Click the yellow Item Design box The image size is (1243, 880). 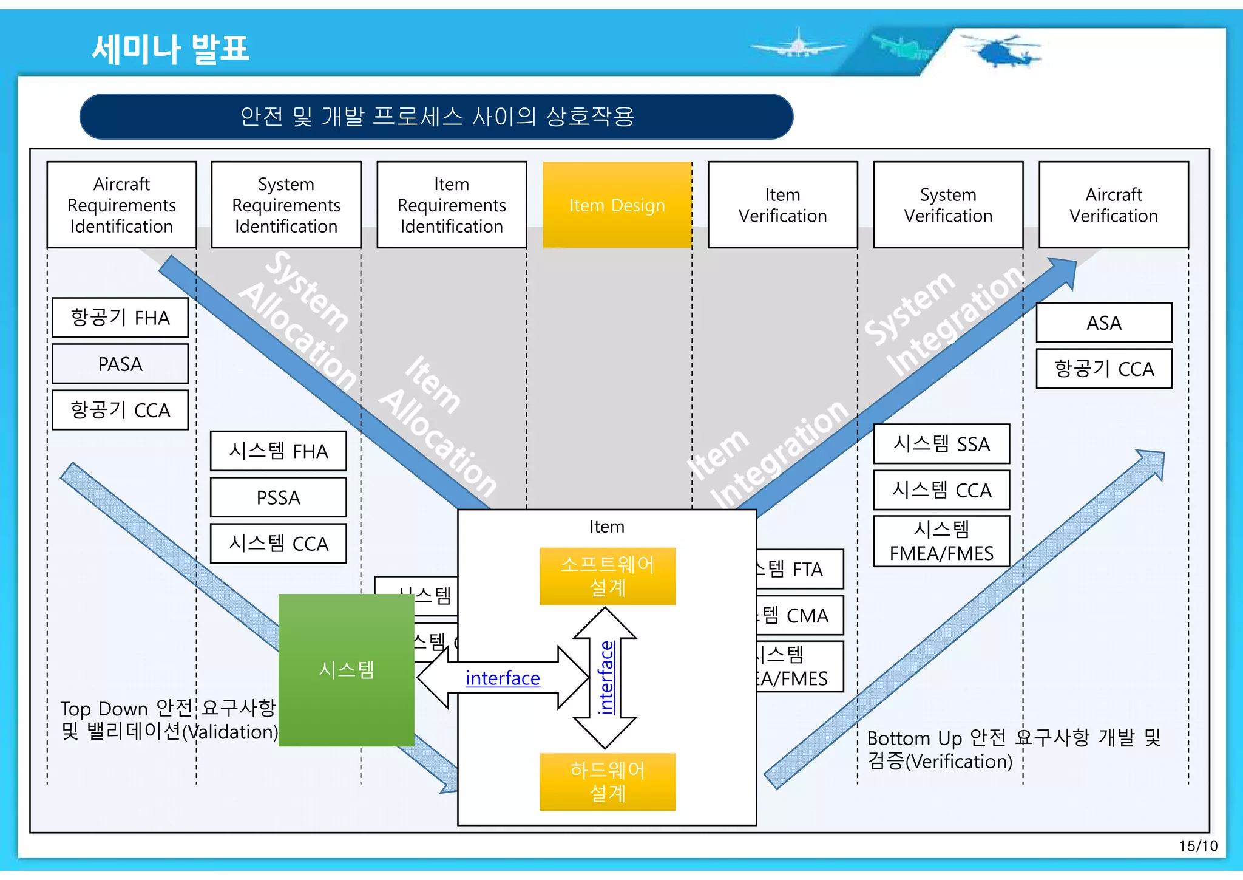click(x=617, y=205)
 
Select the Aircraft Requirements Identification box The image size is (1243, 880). click(x=121, y=205)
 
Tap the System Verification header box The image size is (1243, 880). click(x=948, y=205)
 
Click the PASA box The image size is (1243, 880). click(x=120, y=364)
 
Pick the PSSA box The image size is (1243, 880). click(x=278, y=497)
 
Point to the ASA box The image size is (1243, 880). click(x=1103, y=322)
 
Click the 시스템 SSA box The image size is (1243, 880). click(x=941, y=444)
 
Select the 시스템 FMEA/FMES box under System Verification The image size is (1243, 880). click(x=941, y=541)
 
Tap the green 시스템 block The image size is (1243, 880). click(x=346, y=670)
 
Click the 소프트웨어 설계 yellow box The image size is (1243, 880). click(x=607, y=576)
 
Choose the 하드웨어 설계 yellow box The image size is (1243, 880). click(x=607, y=782)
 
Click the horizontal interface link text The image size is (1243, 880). click(x=503, y=678)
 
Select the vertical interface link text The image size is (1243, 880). click(x=606, y=678)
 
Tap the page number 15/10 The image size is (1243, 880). click(x=1197, y=846)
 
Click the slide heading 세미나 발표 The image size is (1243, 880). click(x=171, y=49)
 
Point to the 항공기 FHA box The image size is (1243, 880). click(x=120, y=318)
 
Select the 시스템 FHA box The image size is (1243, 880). click(x=278, y=451)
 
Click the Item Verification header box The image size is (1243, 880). click(x=782, y=205)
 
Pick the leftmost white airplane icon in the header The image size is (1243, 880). click(x=796, y=45)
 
